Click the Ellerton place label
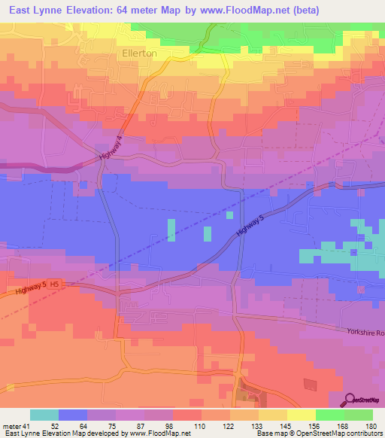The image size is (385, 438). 139,53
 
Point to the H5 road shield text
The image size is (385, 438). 56,285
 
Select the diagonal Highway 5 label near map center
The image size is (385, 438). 251,224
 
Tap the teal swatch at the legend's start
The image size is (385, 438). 44,415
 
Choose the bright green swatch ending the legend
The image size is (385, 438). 358,415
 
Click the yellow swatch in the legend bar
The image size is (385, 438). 301,415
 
